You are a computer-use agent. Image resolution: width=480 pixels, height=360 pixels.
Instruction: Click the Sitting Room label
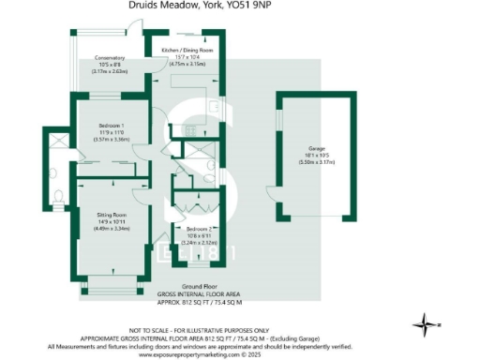[x=112, y=215]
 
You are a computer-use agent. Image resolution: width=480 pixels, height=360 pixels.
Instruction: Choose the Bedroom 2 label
[x=195, y=229]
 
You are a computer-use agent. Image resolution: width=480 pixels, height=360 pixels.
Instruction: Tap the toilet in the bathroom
[x=58, y=197]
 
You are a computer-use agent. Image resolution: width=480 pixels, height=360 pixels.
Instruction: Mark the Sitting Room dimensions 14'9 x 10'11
[x=112, y=221]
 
